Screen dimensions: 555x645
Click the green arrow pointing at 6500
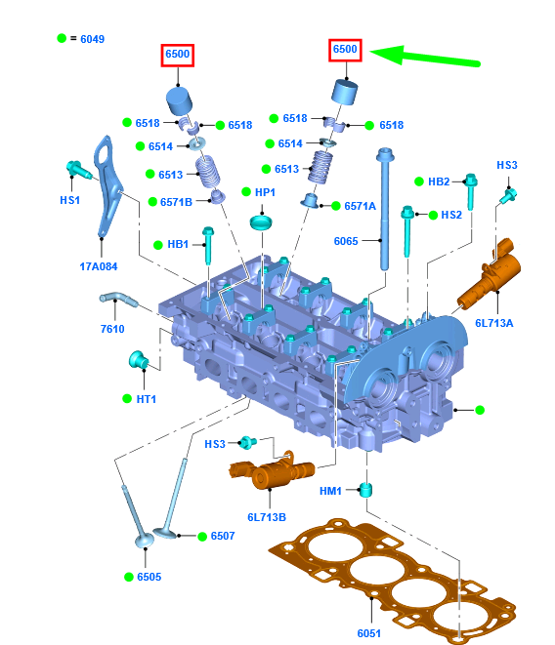coord(425,57)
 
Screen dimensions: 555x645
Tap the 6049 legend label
coord(92,39)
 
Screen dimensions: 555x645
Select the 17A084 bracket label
coord(99,266)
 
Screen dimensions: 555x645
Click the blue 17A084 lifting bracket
coord(107,186)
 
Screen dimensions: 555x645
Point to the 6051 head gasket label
coord(368,633)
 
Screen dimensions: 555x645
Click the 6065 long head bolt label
coord(346,241)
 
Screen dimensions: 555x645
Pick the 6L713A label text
coord(494,323)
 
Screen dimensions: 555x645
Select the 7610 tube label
coord(112,329)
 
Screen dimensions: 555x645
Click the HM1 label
coord(330,491)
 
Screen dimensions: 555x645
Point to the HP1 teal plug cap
coord(261,222)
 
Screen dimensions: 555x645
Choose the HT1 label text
coord(147,399)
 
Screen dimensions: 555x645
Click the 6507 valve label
coord(223,536)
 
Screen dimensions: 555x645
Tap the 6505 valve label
coord(149,577)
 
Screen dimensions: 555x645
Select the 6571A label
coord(361,206)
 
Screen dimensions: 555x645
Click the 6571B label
coord(176,202)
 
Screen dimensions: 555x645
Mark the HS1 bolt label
coord(69,200)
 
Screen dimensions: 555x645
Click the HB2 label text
coord(439,181)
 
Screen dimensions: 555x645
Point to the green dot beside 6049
coord(62,38)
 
